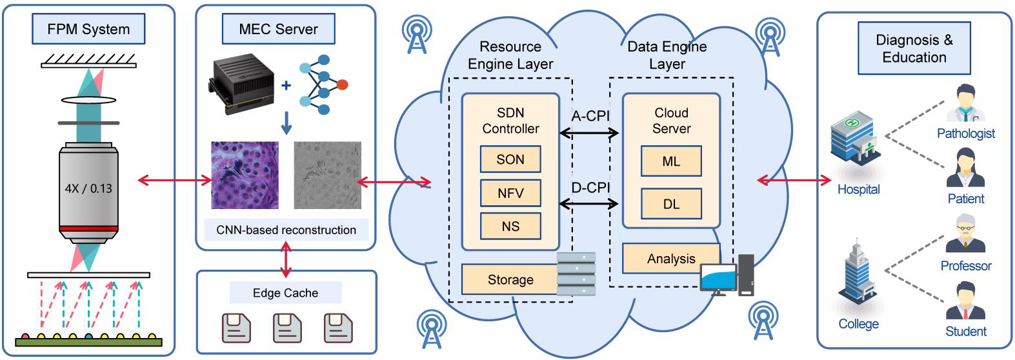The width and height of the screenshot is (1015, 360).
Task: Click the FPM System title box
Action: coord(88,29)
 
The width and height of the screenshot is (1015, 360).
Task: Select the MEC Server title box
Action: coord(278,29)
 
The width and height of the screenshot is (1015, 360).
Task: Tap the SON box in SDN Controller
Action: coord(510,159)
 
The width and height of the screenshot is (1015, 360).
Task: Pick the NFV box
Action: coord(510,193)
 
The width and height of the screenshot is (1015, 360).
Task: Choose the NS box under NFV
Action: coord(510,226)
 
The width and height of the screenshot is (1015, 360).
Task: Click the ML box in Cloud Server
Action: coord(671,161)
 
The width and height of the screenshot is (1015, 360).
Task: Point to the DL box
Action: coord(671,204)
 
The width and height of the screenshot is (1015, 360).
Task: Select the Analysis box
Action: coord(671,259)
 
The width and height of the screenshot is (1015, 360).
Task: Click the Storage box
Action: coord(510,279)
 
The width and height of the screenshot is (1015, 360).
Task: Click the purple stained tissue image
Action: coord(245,175)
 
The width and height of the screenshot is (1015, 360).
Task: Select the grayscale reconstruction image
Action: coord(327,175)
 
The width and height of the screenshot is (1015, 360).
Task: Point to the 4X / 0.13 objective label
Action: coord(88,189)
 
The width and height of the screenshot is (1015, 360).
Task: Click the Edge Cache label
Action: coord(285,293)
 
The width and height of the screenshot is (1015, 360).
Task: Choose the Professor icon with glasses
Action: coord(965,234)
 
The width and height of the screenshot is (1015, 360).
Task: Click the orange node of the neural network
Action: coord(342,85)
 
